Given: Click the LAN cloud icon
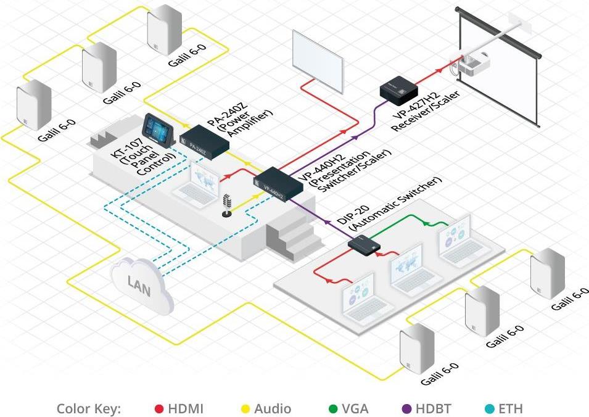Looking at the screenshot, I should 139,283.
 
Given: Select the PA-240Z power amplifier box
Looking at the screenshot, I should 204,139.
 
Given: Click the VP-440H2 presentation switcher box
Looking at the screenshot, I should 275,183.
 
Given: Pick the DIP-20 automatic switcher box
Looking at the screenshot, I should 365,244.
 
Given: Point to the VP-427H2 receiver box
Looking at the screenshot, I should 398,89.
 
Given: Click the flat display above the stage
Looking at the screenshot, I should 318,55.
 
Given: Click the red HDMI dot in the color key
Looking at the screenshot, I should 159,408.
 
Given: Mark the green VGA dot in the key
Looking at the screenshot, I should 333,408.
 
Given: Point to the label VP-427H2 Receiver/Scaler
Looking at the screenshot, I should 425,110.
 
